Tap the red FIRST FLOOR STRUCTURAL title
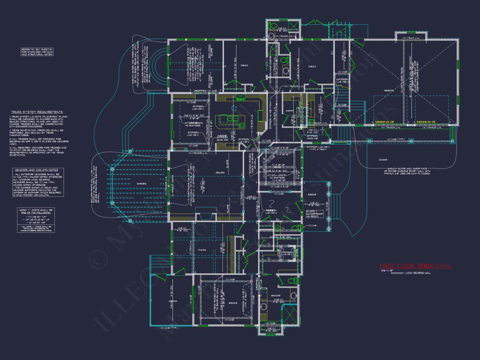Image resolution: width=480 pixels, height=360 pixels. point(415,266)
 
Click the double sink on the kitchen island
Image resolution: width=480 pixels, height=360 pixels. point(231,119)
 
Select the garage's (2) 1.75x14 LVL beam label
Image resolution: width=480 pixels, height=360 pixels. point(411,38)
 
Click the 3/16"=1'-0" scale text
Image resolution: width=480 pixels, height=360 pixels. point(387,271)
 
